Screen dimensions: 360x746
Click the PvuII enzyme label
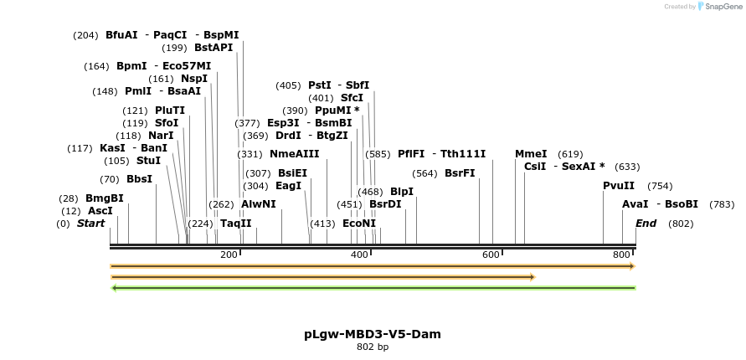pos(619,186)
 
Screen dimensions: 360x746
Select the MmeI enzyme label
pos(531,154)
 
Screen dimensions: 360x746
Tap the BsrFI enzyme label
pos(460,173)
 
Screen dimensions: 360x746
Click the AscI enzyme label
pos(100,211)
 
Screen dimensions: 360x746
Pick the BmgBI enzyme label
pos(104,198)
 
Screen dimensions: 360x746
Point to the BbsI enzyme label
pos(139,179)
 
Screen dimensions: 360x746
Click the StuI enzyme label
pos(148,161)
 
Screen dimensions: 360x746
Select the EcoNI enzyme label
pos(359,224)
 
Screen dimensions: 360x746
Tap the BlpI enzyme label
pos(402,192)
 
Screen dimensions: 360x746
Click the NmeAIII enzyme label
pos(295,154)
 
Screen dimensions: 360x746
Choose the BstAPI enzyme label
pos(214,48)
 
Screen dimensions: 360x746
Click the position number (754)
pos(660,186)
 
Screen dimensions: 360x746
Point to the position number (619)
pos(570,154)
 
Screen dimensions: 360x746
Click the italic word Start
pos(91,224)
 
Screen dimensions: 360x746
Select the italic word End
pos(646,224)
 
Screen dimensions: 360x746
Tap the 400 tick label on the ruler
pos(359,255)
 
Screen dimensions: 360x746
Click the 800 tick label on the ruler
pos(622,255)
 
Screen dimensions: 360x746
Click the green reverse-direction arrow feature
pos(373,288)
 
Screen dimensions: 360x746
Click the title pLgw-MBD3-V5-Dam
pos(373,334)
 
